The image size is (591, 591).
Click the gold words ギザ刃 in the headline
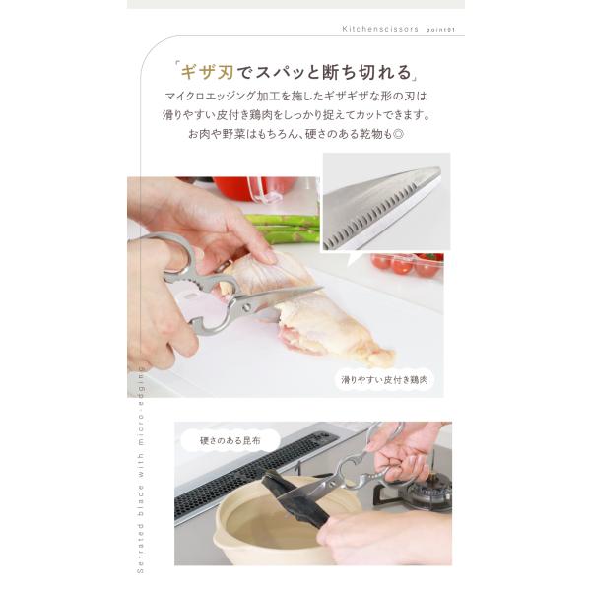(x=207, y=72)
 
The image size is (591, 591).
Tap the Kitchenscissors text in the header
(x=380, y=29)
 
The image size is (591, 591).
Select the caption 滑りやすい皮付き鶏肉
(x=384, y=380)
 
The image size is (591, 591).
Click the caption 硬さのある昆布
(x=230, y=440)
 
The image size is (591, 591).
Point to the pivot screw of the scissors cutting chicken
(x=247, y=305)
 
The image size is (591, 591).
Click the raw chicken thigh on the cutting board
(x=309, y=309)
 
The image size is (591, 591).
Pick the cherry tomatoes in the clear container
(x=407, y=264)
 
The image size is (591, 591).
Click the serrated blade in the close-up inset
(x=380, y=207)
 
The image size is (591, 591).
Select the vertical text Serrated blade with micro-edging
(x=140, y=469)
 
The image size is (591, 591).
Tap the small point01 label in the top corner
(x=440, y=30)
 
